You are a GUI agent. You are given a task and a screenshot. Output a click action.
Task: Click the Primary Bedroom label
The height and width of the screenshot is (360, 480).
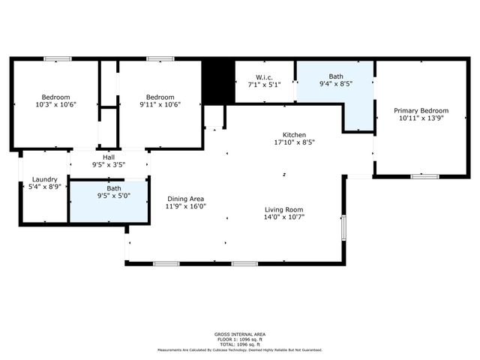click(x=424, y=110)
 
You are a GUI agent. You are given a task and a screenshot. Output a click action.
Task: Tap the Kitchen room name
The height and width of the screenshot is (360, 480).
click(x=283, y=133)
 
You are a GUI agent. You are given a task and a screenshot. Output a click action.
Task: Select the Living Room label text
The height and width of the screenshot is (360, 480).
click(x=283, y=209)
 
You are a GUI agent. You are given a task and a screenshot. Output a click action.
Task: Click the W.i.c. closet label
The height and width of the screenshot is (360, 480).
click(x=263, y=76)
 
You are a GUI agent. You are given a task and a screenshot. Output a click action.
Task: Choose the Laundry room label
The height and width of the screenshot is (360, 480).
click(x=46, y=179)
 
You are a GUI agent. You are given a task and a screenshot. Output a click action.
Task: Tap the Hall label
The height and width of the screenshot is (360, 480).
click(x=109, y=157)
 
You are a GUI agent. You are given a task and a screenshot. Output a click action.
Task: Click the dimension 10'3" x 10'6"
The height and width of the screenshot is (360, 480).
click(x=55, y=104)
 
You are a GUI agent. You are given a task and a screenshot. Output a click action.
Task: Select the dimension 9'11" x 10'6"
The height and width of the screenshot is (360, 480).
click(x=160, y=104)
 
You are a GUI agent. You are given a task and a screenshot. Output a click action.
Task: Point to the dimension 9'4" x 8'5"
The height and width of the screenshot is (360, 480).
click(x=335, y=84)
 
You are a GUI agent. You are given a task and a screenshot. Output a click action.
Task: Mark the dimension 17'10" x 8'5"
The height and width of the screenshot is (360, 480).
click(x=283, y=142)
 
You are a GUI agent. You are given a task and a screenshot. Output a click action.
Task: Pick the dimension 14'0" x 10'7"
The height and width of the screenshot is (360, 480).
click(x=283, y=217)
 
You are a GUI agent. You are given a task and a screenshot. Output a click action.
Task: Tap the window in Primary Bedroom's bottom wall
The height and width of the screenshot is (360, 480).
click(x=424, y=176)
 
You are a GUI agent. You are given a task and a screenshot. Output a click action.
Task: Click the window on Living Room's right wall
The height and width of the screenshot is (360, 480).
click(x=343, y=227)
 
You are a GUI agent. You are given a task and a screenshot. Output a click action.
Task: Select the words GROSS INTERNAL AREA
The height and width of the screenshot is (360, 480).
click(x=239, y=334)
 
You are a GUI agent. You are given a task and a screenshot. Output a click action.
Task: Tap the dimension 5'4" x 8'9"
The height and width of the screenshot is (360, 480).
click(x=46, y=187)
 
